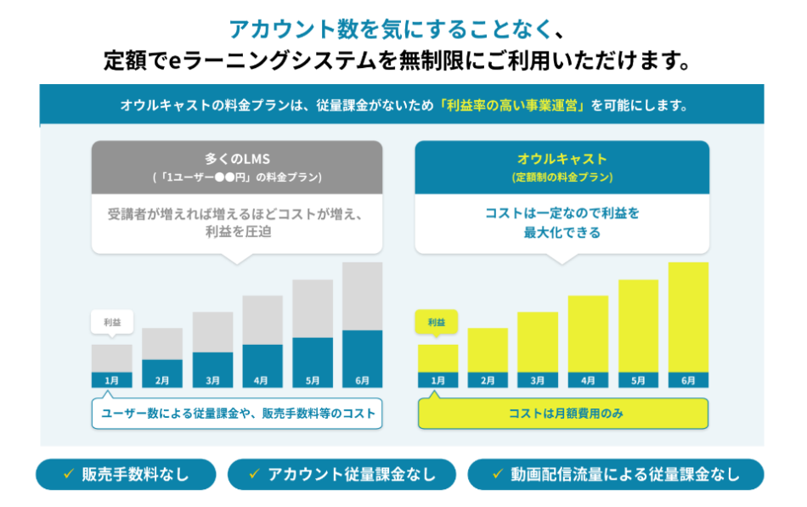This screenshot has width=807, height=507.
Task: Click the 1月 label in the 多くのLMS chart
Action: tap(111, 380)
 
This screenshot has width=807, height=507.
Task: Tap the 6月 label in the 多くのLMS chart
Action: tap(362, 380)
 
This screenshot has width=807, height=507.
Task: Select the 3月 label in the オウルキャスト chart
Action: tap(538, 380)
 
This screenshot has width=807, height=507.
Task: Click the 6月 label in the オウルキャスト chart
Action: tap(688, 380)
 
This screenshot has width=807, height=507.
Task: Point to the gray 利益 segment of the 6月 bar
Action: tap(362, 296)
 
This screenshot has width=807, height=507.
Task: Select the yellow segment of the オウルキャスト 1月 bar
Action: tap(437, 358)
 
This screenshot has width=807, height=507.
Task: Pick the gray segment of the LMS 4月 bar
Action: tap(262, 319)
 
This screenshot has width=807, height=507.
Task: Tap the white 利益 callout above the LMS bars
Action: tap(111, 322)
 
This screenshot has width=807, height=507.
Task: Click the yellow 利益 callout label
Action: tap(437, 322)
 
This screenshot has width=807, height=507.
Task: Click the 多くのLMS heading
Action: tap(237, 158)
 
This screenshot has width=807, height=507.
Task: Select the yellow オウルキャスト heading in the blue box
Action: tap(562, 158)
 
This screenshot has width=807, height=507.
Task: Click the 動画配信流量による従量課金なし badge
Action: tap(615, 475)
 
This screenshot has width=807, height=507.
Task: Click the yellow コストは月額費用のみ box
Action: tap(563, 414)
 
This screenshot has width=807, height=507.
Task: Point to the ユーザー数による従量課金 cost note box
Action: tap(237, 414)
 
